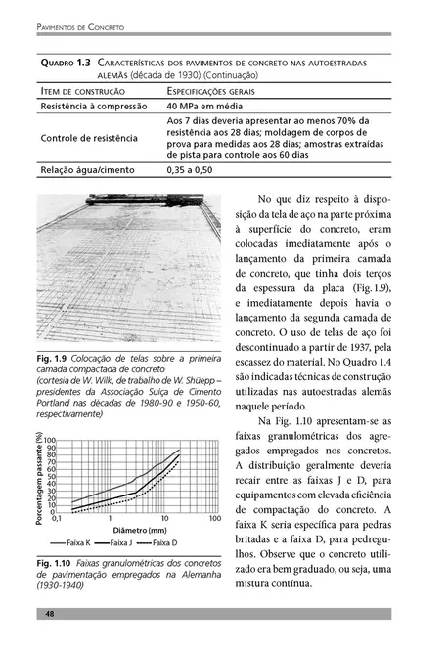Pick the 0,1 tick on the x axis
pos(57,519)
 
